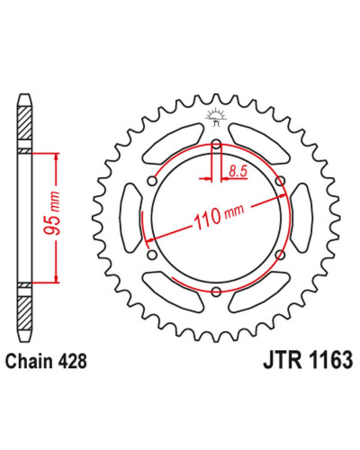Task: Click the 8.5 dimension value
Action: [238, 171]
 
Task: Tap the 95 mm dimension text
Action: [52, 212]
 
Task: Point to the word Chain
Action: [29, 361]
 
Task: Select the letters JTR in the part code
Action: [283, 360]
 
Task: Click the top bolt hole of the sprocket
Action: [216, 144]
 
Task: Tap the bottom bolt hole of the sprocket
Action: [216, 292]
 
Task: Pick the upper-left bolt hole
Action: [152, 181]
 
